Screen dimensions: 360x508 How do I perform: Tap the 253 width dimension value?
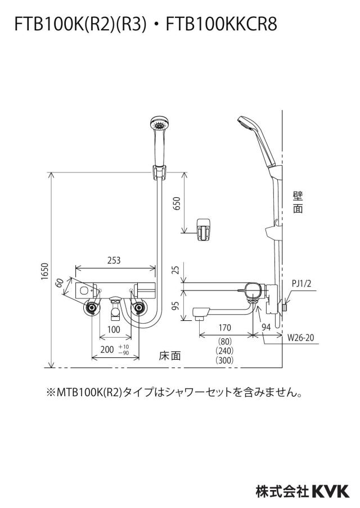(x=114, y=260)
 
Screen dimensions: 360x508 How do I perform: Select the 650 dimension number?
(x=176, y=203)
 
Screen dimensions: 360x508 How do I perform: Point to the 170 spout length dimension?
(x=225, y=328)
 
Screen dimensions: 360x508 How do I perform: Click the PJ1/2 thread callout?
(x=301, y=284)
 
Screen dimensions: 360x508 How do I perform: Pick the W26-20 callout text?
(x=301, y=338)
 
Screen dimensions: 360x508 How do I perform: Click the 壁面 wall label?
(x=298, y=202)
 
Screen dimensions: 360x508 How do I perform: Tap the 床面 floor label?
(x=170, y=356)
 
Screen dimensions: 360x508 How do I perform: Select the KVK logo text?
(x=331, y=491)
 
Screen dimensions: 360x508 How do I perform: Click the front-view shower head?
(x=159, y=125)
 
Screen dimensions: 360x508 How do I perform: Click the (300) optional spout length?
(x=224, y=360)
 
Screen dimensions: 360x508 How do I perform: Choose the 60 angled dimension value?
(x=60, y=283)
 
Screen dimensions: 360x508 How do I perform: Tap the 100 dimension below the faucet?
(x=114, y=329)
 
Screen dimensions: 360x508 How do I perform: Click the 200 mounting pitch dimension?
(x=107, y=350)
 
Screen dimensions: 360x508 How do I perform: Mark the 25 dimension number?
(x=176, y=270)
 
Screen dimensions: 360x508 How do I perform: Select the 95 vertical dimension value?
(x=176, y=306)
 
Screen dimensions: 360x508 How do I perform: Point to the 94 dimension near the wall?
(x=266, y=327)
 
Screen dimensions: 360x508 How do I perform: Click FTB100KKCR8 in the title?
(x=222, y=24)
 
